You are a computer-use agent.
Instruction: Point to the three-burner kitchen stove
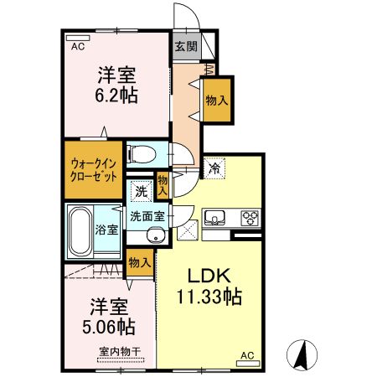point(250,219)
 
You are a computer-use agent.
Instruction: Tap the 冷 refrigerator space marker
point(214,168)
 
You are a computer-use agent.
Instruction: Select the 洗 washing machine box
point(142,191)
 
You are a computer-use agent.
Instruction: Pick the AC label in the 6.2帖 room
point(78,46)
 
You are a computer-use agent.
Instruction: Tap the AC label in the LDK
point(247,355)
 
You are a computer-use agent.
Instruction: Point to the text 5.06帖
point(106,324)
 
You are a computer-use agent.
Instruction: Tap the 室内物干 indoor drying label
point(116,352)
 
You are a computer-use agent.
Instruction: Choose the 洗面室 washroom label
point(147,216)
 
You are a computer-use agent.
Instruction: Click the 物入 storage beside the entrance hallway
point(216,100)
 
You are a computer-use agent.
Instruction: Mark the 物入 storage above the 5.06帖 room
point(140,264)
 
